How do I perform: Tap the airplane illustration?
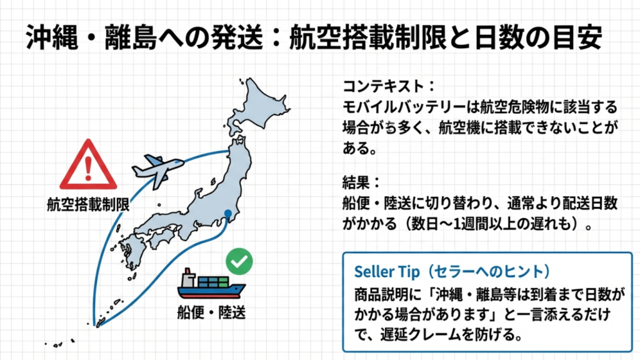click(157, 167)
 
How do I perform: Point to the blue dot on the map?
click(228, 214)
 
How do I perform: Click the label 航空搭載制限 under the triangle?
click(87, 204)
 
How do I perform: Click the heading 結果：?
click(361, 183)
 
